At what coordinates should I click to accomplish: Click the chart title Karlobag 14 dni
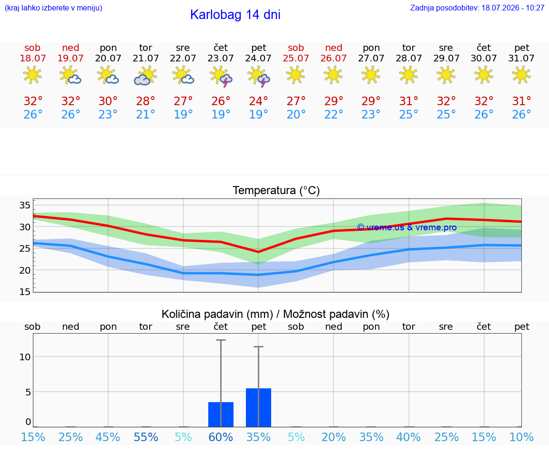pos(235,15)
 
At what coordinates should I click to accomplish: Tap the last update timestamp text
pos(477,8)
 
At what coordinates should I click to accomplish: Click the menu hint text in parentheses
pos(53,8)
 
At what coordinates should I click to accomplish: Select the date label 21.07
pos(146,58)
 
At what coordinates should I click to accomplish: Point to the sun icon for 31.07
pos(521,75)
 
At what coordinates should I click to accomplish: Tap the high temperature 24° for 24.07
pos(258,101)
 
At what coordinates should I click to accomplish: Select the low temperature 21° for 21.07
pos(146,114)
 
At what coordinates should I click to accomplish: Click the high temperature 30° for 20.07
pos(108,101)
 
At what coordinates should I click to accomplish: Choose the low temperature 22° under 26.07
pos(334,114)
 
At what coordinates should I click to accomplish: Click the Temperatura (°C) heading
pos(276,190)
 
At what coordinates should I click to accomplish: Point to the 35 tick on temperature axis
pos(25,205)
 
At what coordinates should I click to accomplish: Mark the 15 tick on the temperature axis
pos(25,292)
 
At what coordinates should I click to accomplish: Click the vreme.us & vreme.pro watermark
pos(407,227)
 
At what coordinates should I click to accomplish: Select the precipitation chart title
pos(275,314)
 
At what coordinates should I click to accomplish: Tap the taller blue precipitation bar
pos(258,407)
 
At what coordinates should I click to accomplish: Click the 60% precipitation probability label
pos(221,437)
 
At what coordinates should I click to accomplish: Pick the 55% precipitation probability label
pos(146,437)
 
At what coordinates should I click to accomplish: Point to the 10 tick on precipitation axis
pos(25,356)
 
